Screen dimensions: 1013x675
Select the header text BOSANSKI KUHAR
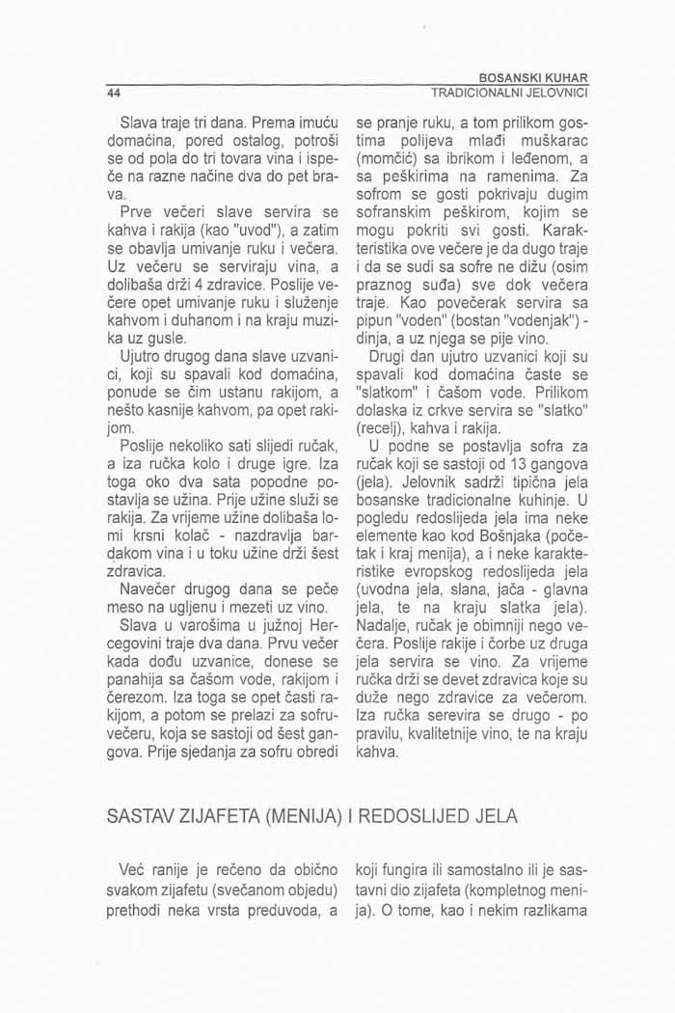(x=539, y=78)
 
